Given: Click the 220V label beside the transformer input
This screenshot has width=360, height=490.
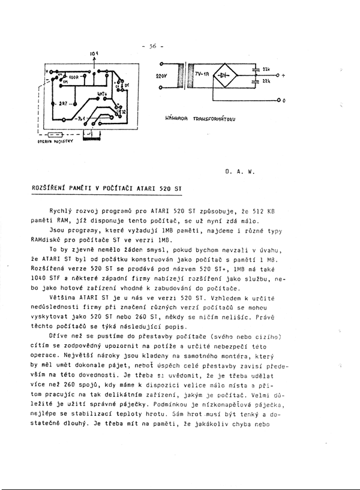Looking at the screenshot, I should click(x=161, y=77).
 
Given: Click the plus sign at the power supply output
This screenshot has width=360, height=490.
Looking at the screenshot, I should click(x=283, y=76).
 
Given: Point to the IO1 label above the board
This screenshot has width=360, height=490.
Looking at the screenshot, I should click(x=94, y=55).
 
